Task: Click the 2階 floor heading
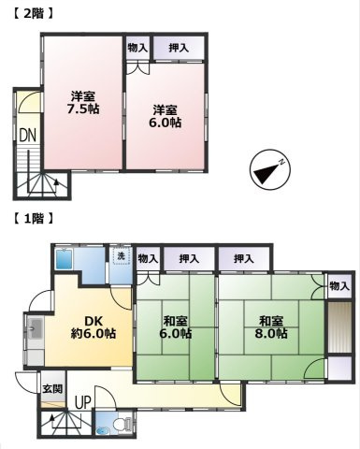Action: (x=32, y=13)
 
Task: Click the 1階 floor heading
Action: (x=32, y=218)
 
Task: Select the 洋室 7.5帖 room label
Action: (x=83, y=102)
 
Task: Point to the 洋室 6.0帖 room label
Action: (x=165, y=116)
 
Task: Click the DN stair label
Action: (x=28, y=136)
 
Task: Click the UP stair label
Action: (x=83, y=402)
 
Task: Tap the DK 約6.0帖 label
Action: (x=93, y=327)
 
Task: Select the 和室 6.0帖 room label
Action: (x=175, y=327)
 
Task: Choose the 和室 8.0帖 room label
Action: (x=271, y=327)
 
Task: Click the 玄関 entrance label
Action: (x=52, y=389)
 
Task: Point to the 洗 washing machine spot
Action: (x=122, y=256)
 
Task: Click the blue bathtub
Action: (x=65, y=259)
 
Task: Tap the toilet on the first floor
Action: (x=122, y=424)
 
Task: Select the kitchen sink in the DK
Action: (x=36, y=328)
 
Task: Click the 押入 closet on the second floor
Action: (x=179, y=48)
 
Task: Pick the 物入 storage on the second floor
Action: (x=137, y=48)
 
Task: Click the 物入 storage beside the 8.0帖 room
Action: (x=339, y=286)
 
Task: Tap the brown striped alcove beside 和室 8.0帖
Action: (x=339, y=326)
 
